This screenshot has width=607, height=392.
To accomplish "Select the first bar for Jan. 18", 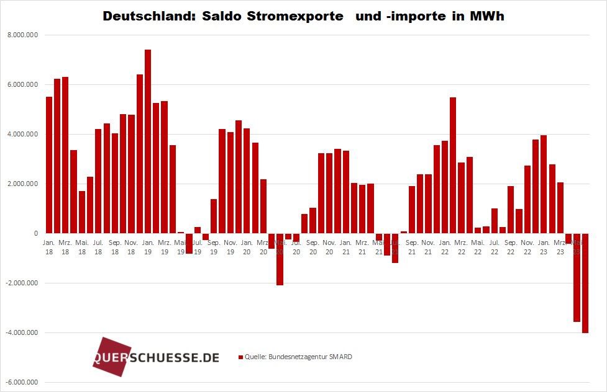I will (49, 165).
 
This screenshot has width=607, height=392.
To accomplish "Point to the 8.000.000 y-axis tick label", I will (22, 35).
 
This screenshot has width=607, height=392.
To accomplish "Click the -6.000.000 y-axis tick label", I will (22, 383).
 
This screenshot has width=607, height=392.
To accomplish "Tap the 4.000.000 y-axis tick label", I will (22, 135).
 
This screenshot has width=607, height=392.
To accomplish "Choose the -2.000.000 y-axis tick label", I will (22, 283).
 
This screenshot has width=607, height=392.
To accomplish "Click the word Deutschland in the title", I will (143, 17).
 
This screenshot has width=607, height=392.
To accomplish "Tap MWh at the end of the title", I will (487, 17).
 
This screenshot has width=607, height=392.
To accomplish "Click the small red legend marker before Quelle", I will (240, 357).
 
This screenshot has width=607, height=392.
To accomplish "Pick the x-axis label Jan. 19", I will (148, 247).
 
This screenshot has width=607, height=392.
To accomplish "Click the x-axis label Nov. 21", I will (428, 247).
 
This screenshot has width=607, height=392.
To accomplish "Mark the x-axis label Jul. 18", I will (98, 247).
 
